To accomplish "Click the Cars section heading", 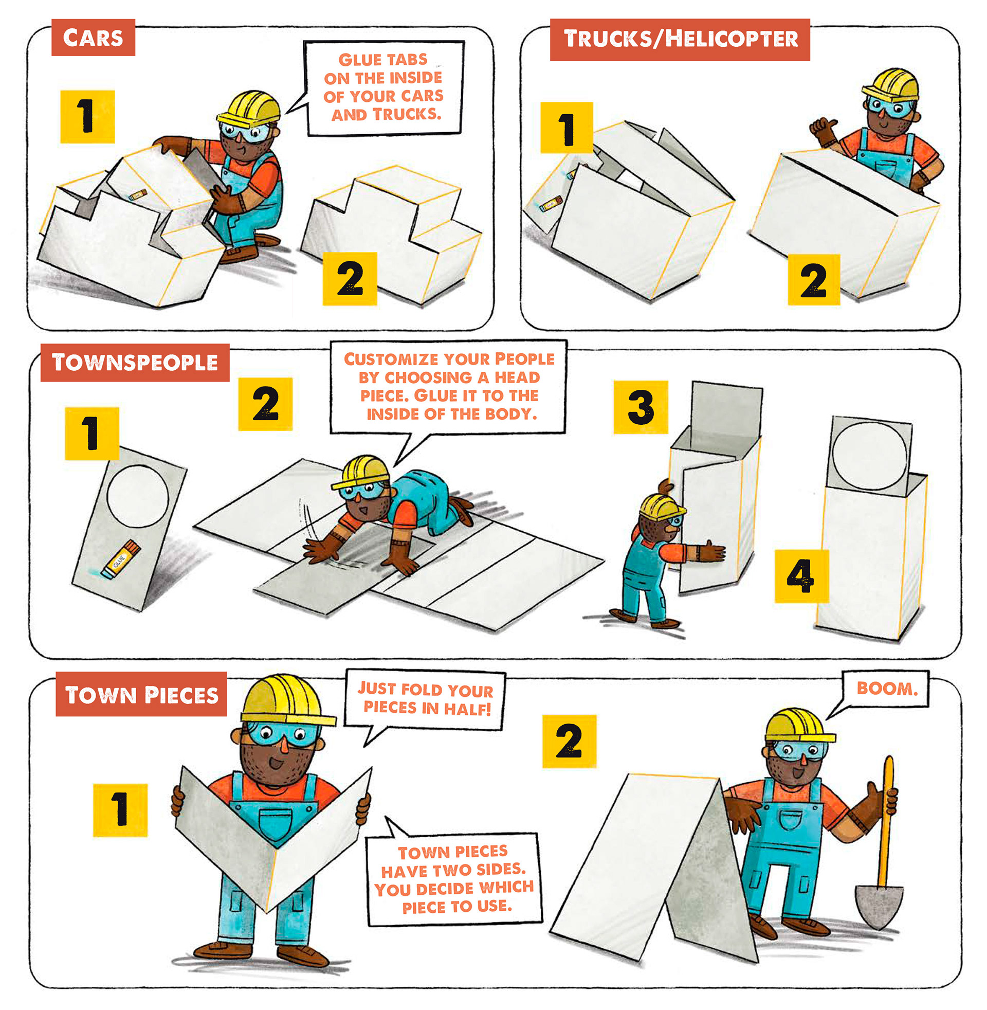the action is click(x=94, y=38).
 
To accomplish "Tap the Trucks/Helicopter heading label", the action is click(x=680, y=40).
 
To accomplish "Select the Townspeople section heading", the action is click(x=135, y=363).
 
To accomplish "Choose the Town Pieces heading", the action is click(x=141, y=694).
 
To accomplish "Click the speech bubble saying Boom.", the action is click(x=887, y=689).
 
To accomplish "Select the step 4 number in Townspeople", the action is click(x=801, y=576).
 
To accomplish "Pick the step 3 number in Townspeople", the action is click(x=641, y=407).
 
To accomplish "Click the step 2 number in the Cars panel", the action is click(x=350, y=278).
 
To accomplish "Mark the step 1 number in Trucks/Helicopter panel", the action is click(x=566, y=128).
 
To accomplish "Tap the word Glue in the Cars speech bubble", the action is click(x=357, y=60).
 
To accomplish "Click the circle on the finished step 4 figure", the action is click(x=870, y=456).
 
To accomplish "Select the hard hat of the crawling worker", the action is click(x=361, y=472).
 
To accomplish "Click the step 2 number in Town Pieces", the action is click(x=569, y=741).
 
